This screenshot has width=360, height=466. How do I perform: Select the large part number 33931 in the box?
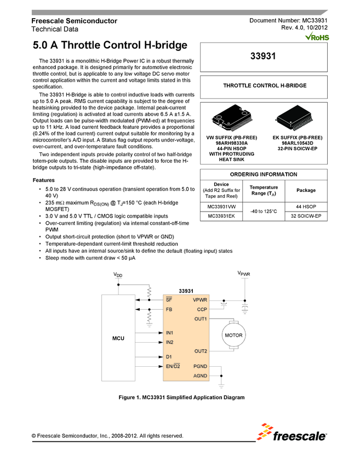tap(265, 56)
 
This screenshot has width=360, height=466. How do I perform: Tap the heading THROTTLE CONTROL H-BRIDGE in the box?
tap(265, 86)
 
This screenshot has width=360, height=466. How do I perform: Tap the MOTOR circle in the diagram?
tap(235, 334)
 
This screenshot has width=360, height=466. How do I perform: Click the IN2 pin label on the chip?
tap(170, 342)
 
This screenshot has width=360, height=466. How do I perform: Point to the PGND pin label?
tap(200, 366)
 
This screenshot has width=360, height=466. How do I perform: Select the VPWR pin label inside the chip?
tap(200, 300)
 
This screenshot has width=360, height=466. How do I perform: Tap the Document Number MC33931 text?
tap(288, 20)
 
